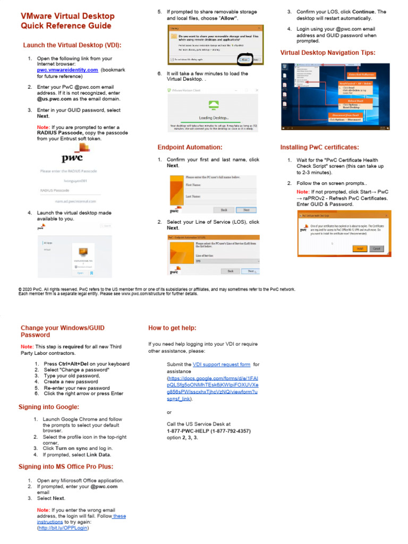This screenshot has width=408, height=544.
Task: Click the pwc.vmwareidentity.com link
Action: (x=67, y=70)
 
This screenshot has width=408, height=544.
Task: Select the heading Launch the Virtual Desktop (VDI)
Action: (x=72, y=45)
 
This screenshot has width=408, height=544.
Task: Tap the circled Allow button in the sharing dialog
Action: (x=245, y=59)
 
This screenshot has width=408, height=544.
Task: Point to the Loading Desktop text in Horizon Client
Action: (x=214, y=117)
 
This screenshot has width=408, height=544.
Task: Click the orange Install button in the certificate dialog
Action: (x=360, y=248)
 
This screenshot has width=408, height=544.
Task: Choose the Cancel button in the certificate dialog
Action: (x=376, y=248)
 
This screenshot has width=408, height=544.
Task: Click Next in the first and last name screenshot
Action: (x=246, y=210)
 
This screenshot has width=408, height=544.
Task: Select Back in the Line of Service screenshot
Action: (x=231, y=271)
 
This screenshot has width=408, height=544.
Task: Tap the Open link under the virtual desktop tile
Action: (x=81, y=273)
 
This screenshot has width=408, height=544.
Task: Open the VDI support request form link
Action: (x=222, y=364)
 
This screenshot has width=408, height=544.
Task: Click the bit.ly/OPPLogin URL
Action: (x=63, y=528)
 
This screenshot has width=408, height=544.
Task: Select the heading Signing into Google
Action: (x=49, y=407)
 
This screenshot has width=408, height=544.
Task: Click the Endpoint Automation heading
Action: (x=190, y=147)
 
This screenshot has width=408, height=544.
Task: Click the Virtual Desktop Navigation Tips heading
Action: (x=328, y=53)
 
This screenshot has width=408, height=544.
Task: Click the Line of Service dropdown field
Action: (x=221, y=261)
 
